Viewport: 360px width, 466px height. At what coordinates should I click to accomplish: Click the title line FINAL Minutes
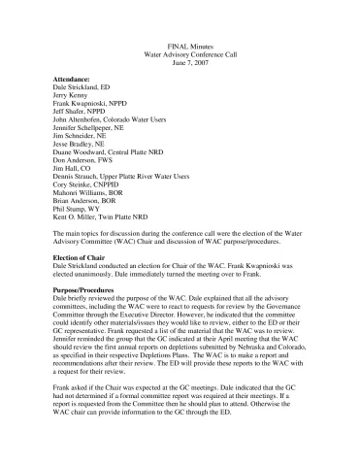(179, 45)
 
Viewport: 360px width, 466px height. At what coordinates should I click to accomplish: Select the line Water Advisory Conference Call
(179, 54)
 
